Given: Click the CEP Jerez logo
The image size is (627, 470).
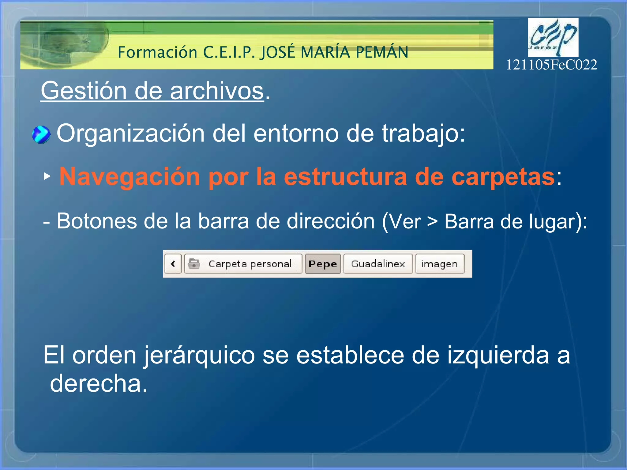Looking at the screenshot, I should tap(553, 37).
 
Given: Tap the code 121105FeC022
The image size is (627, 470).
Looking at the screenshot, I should tap(551, 65).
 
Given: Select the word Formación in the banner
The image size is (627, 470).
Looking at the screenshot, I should tap(157, 52).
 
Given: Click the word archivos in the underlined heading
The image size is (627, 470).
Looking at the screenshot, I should tap(217, 91).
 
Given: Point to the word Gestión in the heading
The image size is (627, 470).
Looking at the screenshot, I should tap(84, 91).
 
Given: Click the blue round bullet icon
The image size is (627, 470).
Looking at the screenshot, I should tap(41, 134).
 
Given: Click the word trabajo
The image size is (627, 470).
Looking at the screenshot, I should tap(423, 134).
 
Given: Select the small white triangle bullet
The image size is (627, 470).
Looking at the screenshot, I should tap(47, 176).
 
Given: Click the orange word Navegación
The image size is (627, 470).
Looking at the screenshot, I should tap(130, 177).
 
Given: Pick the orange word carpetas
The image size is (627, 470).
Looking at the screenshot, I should tap(503, 177).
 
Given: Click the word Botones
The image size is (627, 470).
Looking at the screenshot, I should tap(97, 221).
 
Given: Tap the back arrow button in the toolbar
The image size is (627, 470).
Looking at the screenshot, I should tap(173, 264).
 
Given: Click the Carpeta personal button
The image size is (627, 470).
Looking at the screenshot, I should tap(243, 264).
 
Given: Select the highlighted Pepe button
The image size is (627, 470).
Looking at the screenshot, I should tap(323, 264).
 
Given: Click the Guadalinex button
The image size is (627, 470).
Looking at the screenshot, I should tap(378, 264).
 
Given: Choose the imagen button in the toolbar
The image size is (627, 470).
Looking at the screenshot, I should tap(440, 264).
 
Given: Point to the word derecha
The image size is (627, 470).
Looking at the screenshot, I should tap(99, 384).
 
